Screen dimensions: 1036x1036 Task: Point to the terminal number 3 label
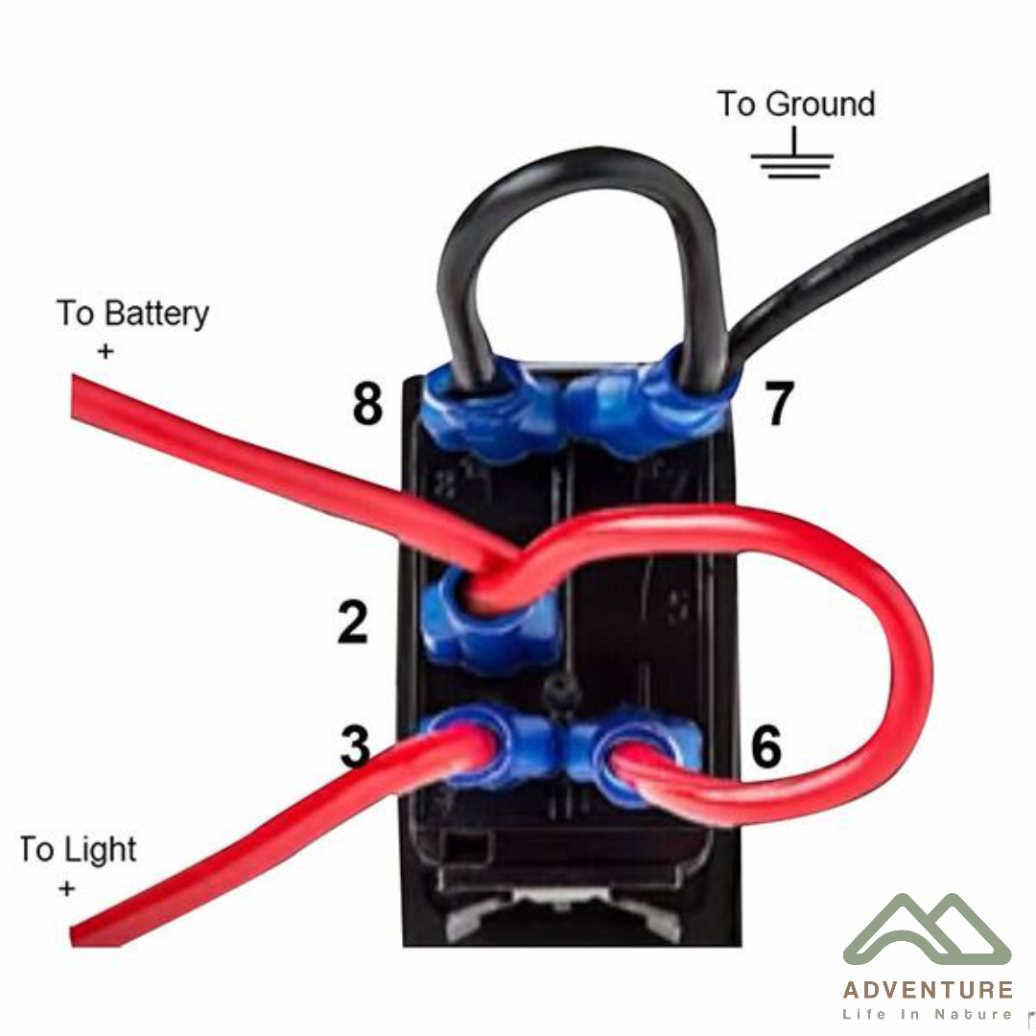click(356, 746)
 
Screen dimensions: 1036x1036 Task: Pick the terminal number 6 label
click(766, 746)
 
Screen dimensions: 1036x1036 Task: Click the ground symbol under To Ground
click(792, 154)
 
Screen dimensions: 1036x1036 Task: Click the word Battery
click(156, 314)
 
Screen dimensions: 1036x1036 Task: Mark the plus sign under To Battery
click(106, 351)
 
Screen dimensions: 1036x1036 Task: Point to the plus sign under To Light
click(66, 888)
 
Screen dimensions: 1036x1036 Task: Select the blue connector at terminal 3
click(492, 745)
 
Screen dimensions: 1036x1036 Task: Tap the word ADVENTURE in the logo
click(928, 990)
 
